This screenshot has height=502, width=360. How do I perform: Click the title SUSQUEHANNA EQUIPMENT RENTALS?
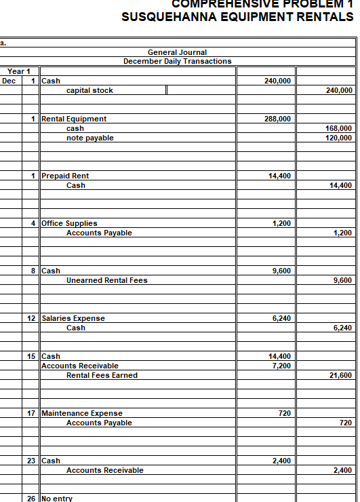tap(237, 17)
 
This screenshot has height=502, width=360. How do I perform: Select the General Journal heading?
tap(177, 52)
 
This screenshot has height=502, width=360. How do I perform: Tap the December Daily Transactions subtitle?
tap(177, 61)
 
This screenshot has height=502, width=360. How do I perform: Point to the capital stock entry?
tap(89, 90)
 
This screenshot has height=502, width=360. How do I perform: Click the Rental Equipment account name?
tap(74, 119)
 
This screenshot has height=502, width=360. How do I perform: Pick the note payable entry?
tap(89, 138)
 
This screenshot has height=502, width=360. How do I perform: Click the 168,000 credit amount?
tap(339, 128)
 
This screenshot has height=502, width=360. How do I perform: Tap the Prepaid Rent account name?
tap(65, 176)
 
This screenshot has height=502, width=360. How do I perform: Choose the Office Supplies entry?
tap(69, 223)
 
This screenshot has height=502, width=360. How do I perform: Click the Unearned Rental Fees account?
tap(106, 280)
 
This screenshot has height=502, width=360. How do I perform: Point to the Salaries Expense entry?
tap(73, 318)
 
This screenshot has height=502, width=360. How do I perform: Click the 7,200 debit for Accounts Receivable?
tap(280, 366)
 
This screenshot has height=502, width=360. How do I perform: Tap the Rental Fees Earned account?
tap(102, 375)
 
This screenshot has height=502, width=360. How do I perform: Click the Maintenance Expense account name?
tap(82, 413)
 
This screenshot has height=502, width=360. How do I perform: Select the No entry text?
tap(57, 499)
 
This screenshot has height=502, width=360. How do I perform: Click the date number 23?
tap(31, 461)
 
